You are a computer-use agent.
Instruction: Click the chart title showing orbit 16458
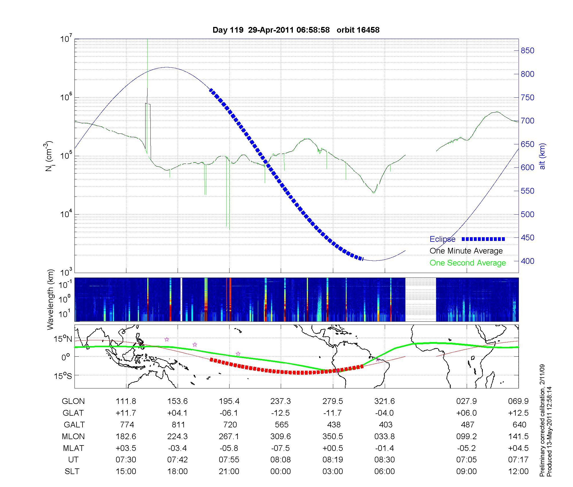(296, 30)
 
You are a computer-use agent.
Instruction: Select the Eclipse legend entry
(442, 239)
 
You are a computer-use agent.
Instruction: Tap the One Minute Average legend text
(466, 251)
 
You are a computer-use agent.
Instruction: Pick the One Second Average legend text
(468, 263)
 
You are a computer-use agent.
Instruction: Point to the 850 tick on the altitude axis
(527, 51)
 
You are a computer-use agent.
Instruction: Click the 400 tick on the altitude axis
(527, 261)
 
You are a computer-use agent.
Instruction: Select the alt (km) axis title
(542, 156)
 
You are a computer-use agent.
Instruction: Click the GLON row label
(73, 401)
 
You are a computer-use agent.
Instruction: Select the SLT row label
(72, 472)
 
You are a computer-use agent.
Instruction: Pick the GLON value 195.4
(229, 401)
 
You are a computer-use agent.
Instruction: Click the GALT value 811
(178, 425)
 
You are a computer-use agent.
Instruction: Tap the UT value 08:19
(332, 460)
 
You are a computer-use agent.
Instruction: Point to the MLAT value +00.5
(332, 448)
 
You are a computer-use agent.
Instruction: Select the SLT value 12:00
(518, 472)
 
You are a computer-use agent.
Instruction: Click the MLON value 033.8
(384, 436)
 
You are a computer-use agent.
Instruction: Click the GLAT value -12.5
(280, 413)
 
